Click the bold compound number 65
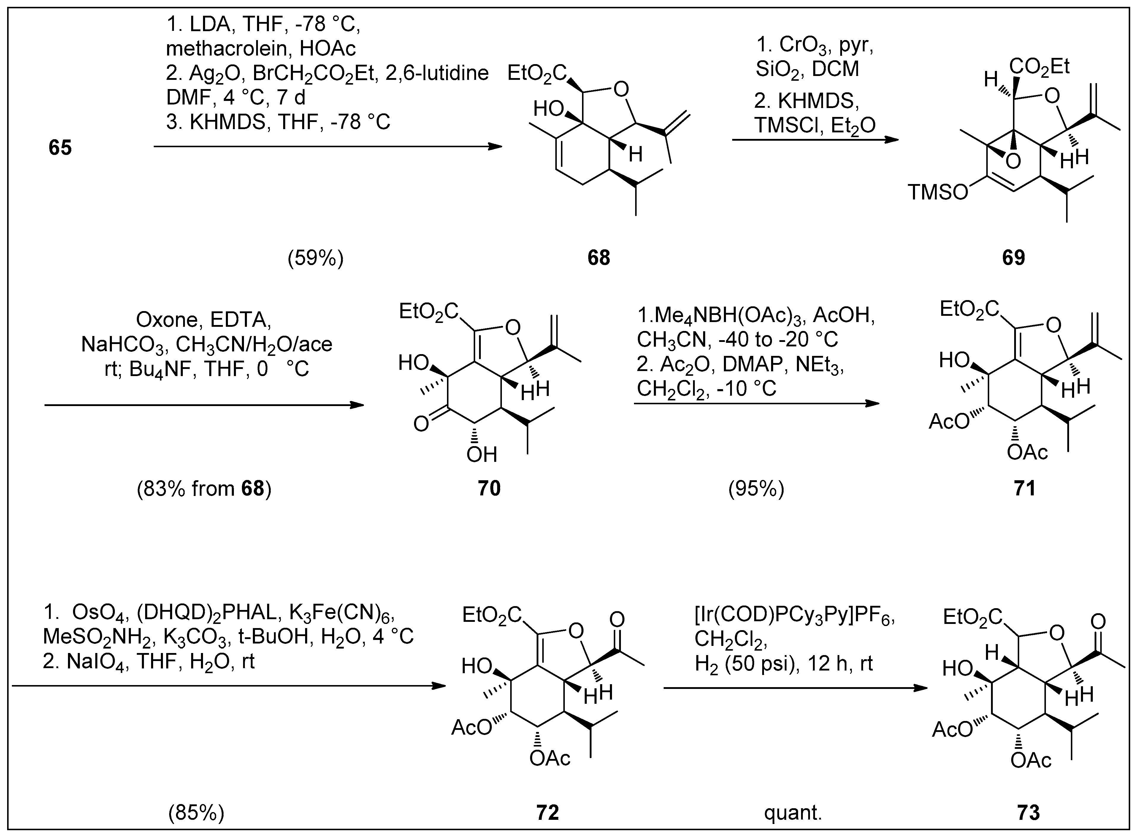[x=60, y=148]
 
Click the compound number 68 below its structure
[x=598, y=258]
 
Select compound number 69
[x=1013, y=258]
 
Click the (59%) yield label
[x=315, y=259]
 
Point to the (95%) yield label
[x=756, y=489]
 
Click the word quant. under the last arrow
[x=793, y=812]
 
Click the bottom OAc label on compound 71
[x=1027, y=451]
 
